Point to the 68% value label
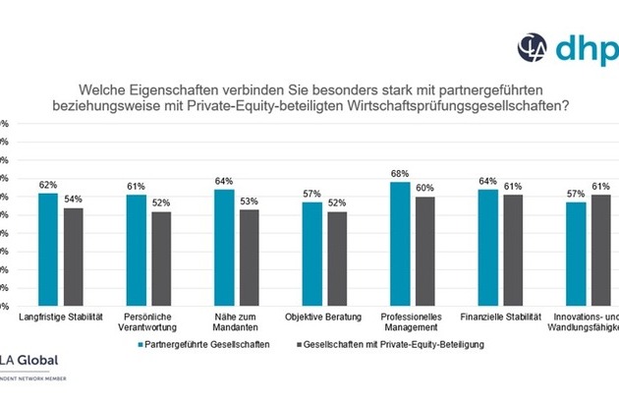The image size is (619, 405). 400,174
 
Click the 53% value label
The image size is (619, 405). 250,202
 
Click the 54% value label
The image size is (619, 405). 74,200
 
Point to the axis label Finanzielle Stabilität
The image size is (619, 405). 500,317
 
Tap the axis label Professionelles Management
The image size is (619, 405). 412,321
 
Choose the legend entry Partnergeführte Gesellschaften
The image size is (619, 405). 197,345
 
